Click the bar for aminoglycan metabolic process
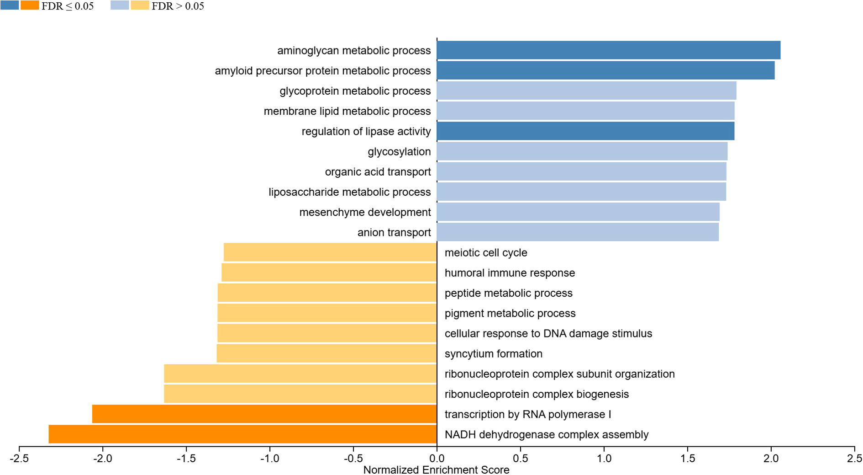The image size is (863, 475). pyautogui.click(x=608, y=50)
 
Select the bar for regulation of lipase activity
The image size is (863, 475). pyautogui.click(x=585, y=131)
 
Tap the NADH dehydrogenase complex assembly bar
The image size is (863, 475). pyautogui.click(x=242, y=434)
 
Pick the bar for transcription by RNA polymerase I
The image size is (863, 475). pyautogui.click(x=264, y=414)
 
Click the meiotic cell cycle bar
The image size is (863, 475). pyautogui.click(x=330, y=252)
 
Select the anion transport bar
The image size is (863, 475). pyautogui.click(x=578, y=232)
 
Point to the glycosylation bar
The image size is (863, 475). pyautogui.click(x=582, y=151)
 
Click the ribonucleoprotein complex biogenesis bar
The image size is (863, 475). pyautogui.click(x=300, y=394)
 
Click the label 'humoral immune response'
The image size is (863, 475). pyautogui.click(x=510, y=273)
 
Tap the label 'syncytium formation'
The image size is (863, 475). pyautogui.click(x=493, y=354)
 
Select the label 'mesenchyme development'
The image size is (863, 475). pyautogui.click(x=365, y=212)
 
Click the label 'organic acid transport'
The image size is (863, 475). pyautogui.click(x=378, y=172)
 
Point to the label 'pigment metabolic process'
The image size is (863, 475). pyautogui.click(x=510, y=314)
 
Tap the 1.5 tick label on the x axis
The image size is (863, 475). pyautogui.click(x=688, y=458)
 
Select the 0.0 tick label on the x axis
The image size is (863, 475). pyautogui.click(x=437, y=458)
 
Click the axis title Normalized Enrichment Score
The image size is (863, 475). pyautogui.click(x=436, y=470)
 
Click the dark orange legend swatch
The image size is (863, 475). pyautogui.click(x=30, y=5)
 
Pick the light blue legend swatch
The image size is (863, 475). pyautogui.click(x=120, y=5)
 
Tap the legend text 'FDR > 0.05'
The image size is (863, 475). pyautogui.click(x=178, y=6)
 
